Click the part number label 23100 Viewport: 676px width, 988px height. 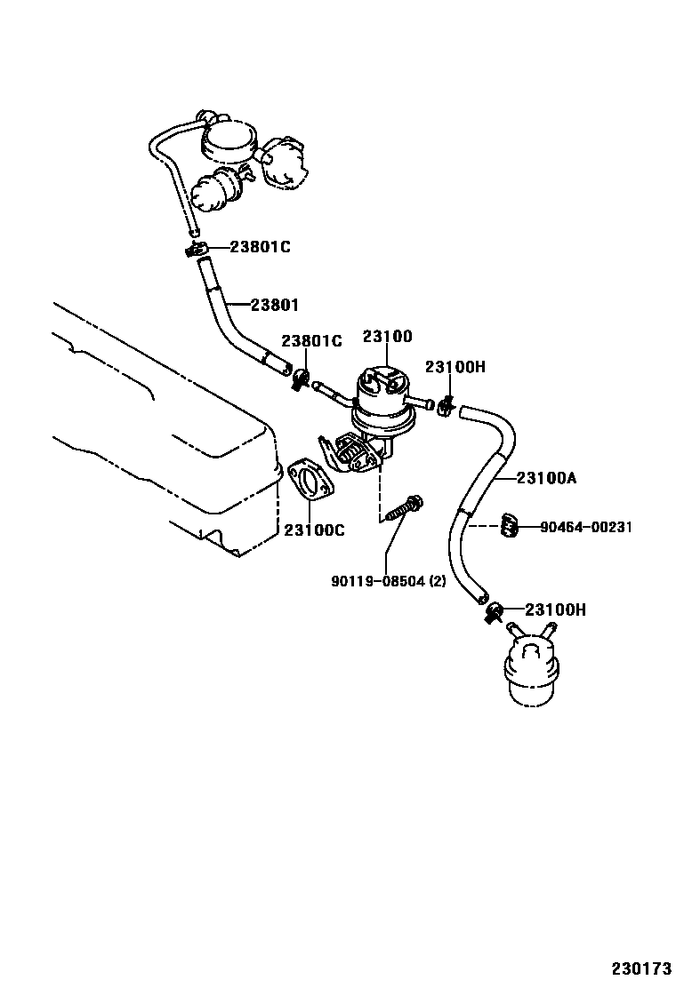pos(387,337)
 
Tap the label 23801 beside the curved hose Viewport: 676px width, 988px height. pos(274,305)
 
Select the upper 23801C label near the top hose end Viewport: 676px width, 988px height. pos(260,247)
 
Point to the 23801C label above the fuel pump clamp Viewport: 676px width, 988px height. pos(312,340)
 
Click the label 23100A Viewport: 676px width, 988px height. pos(547,478)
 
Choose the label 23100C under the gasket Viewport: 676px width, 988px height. pos(314,530)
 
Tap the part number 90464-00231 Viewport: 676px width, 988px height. pos(586,527)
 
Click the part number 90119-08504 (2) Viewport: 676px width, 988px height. pos(388,582)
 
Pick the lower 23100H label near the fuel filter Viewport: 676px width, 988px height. pos(555,610)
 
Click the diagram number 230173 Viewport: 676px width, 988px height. pos(640,967)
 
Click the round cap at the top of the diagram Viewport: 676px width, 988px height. pos(230,137)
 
